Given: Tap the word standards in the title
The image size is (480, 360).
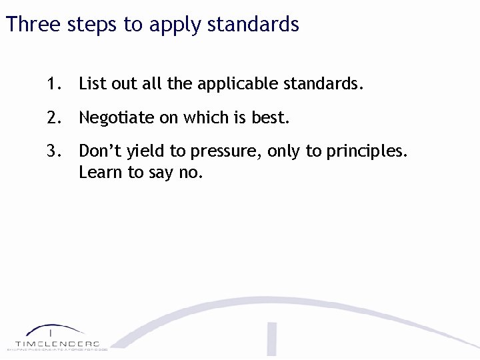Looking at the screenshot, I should coord(253,25).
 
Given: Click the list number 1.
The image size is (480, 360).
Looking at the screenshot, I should coord(53,84).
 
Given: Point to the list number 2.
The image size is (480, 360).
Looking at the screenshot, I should coord(53,118).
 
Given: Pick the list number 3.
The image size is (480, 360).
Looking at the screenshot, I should coord(53,151).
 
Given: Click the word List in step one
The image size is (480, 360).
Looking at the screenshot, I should coord(90,84).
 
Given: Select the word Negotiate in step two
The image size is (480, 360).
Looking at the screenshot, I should coord(116,119).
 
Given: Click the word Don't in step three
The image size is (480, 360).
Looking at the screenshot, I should coord(99,151).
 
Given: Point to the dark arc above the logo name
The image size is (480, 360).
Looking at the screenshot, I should coord(53,329).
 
